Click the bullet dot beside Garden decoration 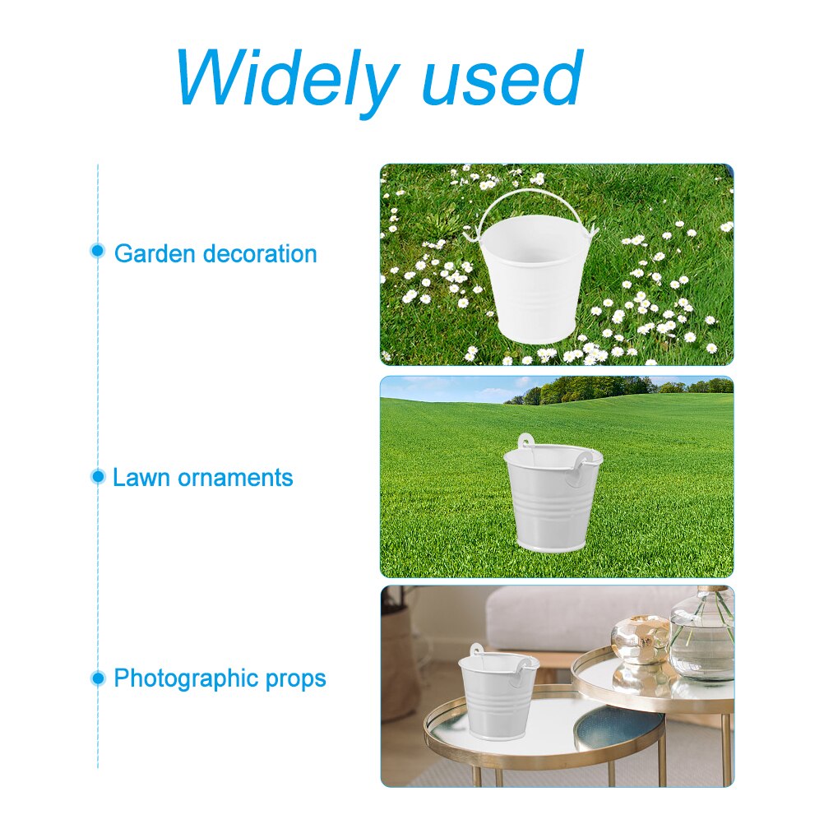98,252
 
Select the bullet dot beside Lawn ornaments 98,476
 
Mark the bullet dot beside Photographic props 98,678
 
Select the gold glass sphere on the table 641,639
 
